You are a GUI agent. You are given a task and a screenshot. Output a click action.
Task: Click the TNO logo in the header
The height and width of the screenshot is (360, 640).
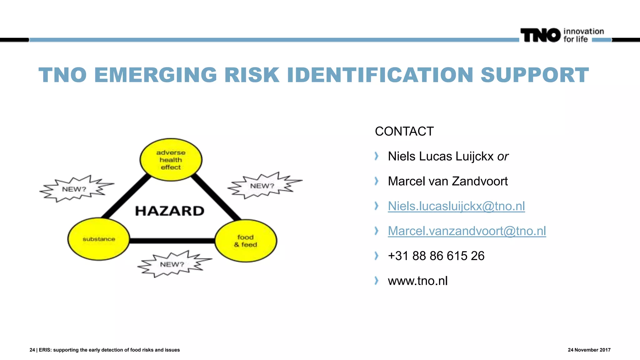point(540,35)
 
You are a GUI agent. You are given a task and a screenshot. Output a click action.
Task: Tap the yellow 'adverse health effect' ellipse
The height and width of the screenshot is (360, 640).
point(171,160)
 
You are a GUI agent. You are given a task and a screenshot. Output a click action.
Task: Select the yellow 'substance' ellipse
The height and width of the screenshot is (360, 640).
point(99,239)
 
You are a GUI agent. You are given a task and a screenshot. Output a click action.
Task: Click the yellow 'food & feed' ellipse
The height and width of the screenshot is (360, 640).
point(246,241)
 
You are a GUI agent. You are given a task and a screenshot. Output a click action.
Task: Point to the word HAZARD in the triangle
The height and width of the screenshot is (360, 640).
point(170,211)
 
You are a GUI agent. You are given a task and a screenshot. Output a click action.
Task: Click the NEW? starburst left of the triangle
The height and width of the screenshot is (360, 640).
point(75,189)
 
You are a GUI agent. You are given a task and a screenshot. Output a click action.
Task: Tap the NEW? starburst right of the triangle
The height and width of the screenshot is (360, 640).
point(262,186)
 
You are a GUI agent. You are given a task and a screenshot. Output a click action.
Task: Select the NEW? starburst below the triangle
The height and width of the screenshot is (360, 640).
point(172,264)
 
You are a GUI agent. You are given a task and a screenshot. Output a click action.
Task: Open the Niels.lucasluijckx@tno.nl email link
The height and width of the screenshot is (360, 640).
point(456,206)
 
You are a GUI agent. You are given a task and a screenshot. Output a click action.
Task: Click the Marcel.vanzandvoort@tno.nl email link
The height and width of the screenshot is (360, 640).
point(467,231)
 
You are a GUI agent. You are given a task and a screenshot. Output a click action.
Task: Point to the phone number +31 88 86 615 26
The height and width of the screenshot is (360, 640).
point(436,256)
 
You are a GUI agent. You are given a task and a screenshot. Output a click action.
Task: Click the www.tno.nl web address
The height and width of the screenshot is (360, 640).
point(417,281)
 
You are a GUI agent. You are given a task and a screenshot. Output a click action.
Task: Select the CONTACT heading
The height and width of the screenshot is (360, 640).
point(404,132)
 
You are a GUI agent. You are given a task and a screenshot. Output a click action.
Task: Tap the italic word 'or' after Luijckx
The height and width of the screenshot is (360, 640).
point(503,157)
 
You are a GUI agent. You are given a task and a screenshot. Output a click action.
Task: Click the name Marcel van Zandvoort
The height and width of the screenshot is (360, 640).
point(447,181)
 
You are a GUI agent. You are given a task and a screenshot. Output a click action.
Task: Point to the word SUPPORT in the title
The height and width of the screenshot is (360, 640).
point(534,75)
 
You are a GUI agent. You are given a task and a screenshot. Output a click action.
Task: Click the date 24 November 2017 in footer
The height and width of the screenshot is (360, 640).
point(589,350)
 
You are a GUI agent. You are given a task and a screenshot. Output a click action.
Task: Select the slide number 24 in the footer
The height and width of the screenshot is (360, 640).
point(32,350)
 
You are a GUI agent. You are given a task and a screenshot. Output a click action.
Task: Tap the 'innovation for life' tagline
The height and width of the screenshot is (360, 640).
point(583,35)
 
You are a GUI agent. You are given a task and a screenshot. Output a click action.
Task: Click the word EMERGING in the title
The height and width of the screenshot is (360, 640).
point(155,75)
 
